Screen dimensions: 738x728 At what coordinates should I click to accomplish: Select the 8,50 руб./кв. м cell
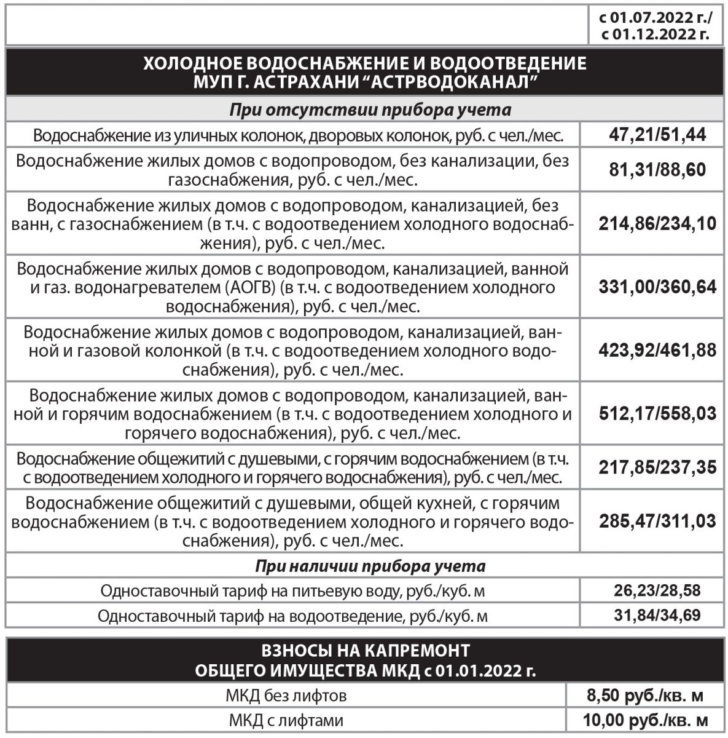[x=644, y=696]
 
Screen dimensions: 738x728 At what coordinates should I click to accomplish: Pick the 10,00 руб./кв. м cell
[x=644, y=720]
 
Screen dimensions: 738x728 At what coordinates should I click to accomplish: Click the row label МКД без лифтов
[x=286, y=696]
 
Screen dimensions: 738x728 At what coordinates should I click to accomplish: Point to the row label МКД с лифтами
[x=286, y=720]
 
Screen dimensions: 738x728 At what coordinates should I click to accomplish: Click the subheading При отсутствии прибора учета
[x=370, y=110]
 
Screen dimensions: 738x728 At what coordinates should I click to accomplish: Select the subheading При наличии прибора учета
[x=370, y=566]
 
